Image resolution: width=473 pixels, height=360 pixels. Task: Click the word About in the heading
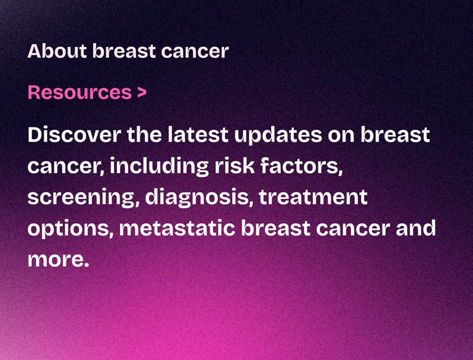click(57, 51)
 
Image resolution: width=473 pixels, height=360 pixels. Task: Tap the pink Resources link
click(79, 92)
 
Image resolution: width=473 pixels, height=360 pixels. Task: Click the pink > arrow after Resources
click(142, 92)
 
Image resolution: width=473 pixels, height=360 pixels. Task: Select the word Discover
click(75, 135)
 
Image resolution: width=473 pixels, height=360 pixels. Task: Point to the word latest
click(198, 135)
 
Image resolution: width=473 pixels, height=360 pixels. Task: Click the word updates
click(278, 136)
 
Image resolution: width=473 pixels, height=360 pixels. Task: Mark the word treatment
click(313, 197)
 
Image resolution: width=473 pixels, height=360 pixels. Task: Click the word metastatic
click(177, 229)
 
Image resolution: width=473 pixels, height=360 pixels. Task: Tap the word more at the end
click(59, 260)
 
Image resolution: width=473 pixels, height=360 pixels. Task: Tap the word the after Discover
click(144, 135)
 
